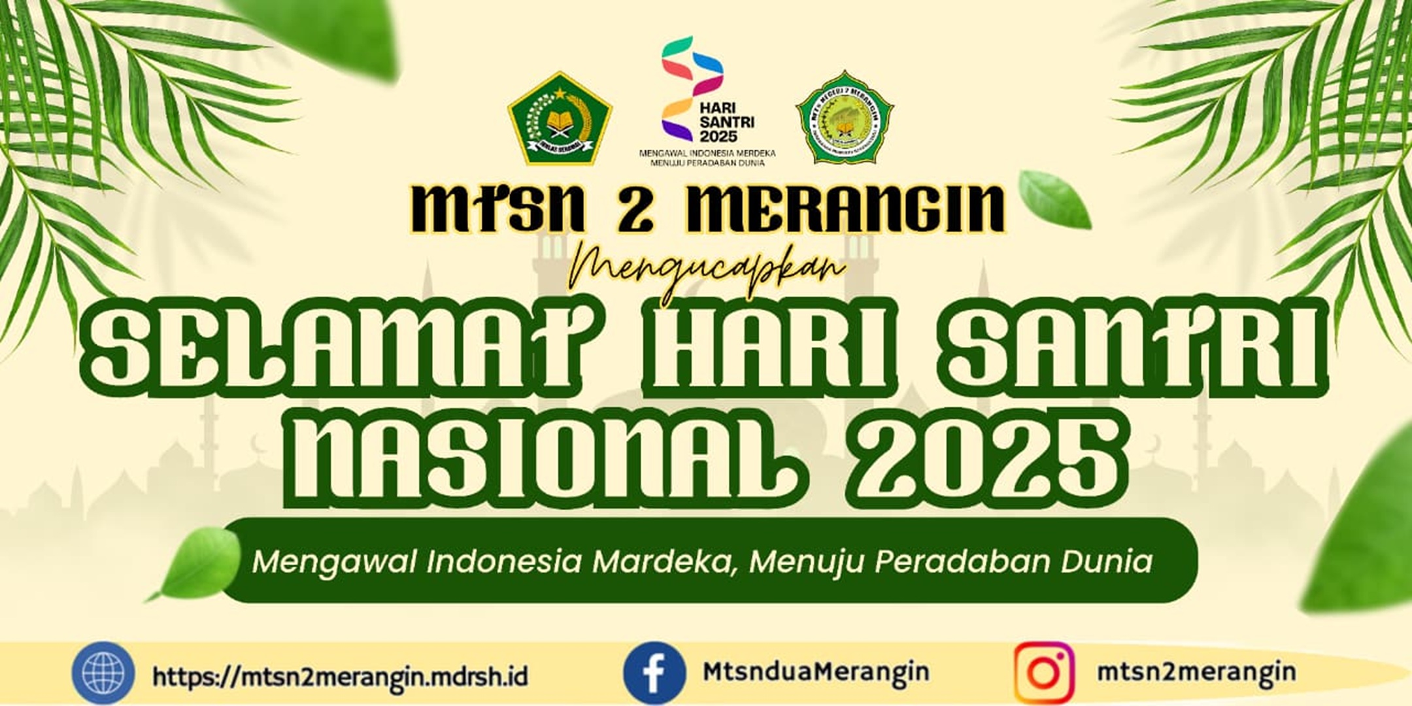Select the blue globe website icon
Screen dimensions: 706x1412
103,673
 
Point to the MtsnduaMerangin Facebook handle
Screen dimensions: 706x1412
816,672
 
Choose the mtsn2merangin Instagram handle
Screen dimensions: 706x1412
1196,672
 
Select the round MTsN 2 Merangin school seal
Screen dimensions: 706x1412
845,118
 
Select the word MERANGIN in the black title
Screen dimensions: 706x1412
843,209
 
